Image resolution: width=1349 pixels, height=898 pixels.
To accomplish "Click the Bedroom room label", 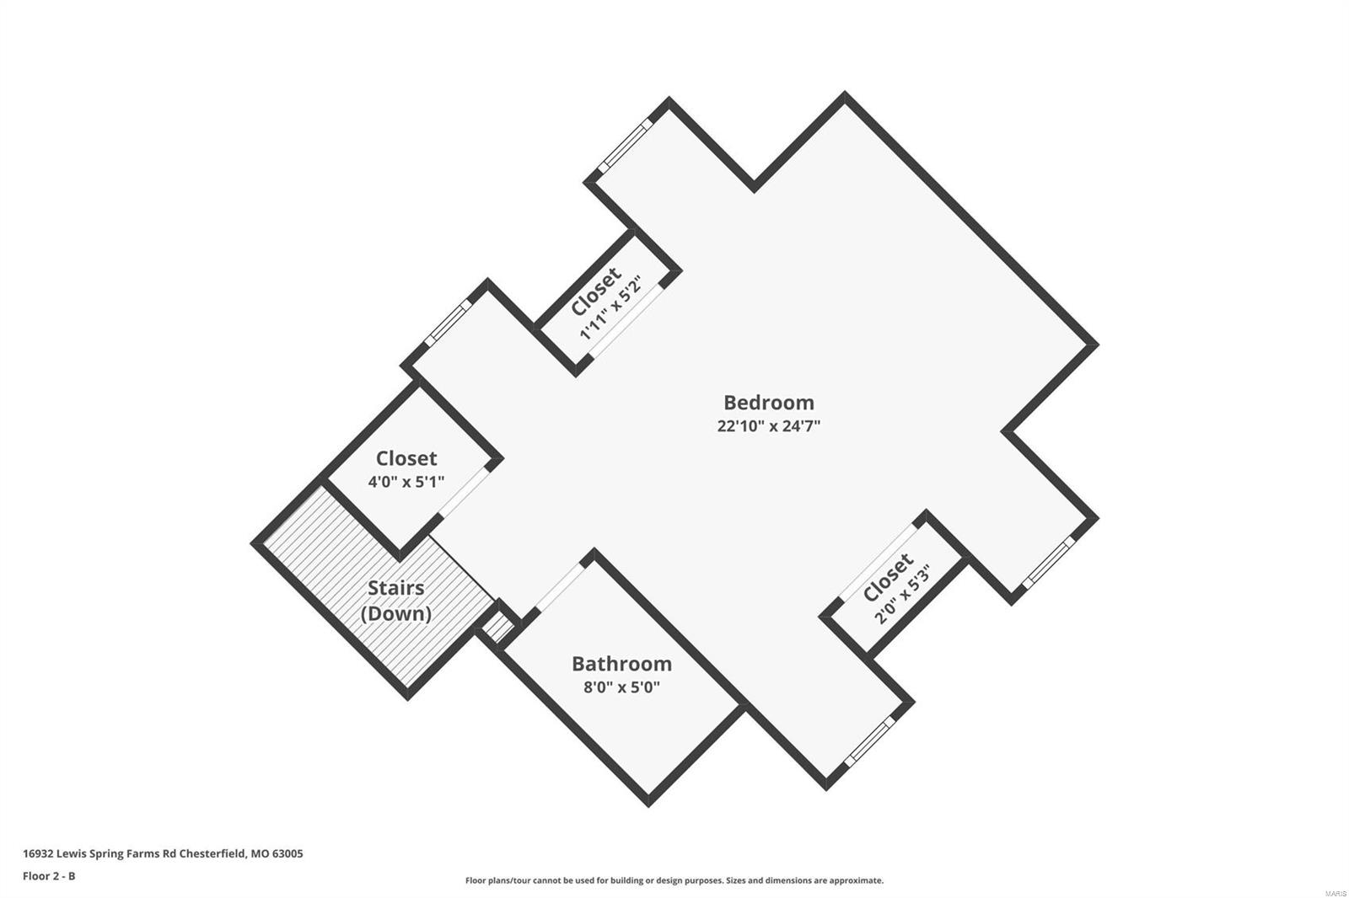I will (768, 403).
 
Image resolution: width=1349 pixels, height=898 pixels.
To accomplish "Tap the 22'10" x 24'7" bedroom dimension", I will (768, 426).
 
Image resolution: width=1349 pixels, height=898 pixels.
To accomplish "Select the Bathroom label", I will (621, 664).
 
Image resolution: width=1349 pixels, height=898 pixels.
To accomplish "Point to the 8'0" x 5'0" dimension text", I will (621, 687).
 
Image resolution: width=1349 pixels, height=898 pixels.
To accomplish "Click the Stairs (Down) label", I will (395, 600).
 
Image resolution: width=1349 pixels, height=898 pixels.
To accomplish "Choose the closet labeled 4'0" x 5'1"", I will (406, 468).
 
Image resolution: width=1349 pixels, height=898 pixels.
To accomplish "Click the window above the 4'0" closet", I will (448, 323).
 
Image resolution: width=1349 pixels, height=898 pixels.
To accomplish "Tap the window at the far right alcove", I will (1051, 561).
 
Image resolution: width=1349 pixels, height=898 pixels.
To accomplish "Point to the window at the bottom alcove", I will (868, 743).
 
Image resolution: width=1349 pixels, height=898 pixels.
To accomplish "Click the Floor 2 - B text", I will (49, 876).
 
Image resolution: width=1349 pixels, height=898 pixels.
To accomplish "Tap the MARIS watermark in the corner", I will (1335, 892).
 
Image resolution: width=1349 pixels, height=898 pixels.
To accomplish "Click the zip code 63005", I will (287, 853).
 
